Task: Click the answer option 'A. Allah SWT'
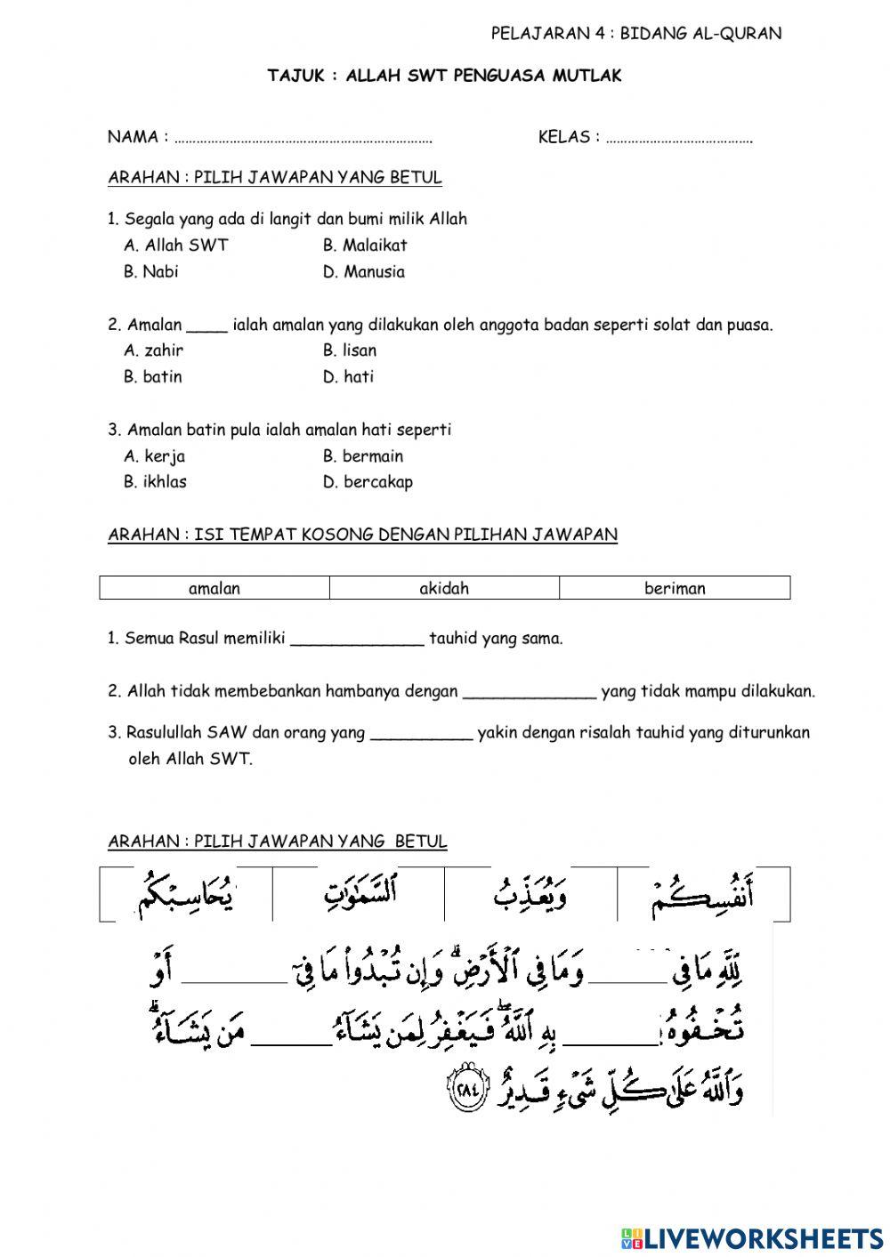[x=176, y=246]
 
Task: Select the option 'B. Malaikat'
[x=365, y=246]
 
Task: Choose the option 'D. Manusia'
[x=363, y=272]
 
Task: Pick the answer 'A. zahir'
[x=153, y=351]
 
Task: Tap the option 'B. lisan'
[x=349, y=351]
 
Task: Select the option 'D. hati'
[x=348, y=377]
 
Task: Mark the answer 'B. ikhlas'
[x=155, y=482]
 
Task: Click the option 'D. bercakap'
[x=368, y=482]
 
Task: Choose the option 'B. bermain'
[x=363, y=456]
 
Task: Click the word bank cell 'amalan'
[x=214, y=588]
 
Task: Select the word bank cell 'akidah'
[x=444, y=588]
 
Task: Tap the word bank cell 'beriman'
[x=675, y=588]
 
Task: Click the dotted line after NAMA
[x=303, y=139]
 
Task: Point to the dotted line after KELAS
[x=679, y=139]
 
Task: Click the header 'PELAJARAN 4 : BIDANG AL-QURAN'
[x=635, y=34]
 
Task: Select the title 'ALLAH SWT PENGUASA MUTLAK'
[x=483, y=77]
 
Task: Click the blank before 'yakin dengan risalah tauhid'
[x=421, y=735]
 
